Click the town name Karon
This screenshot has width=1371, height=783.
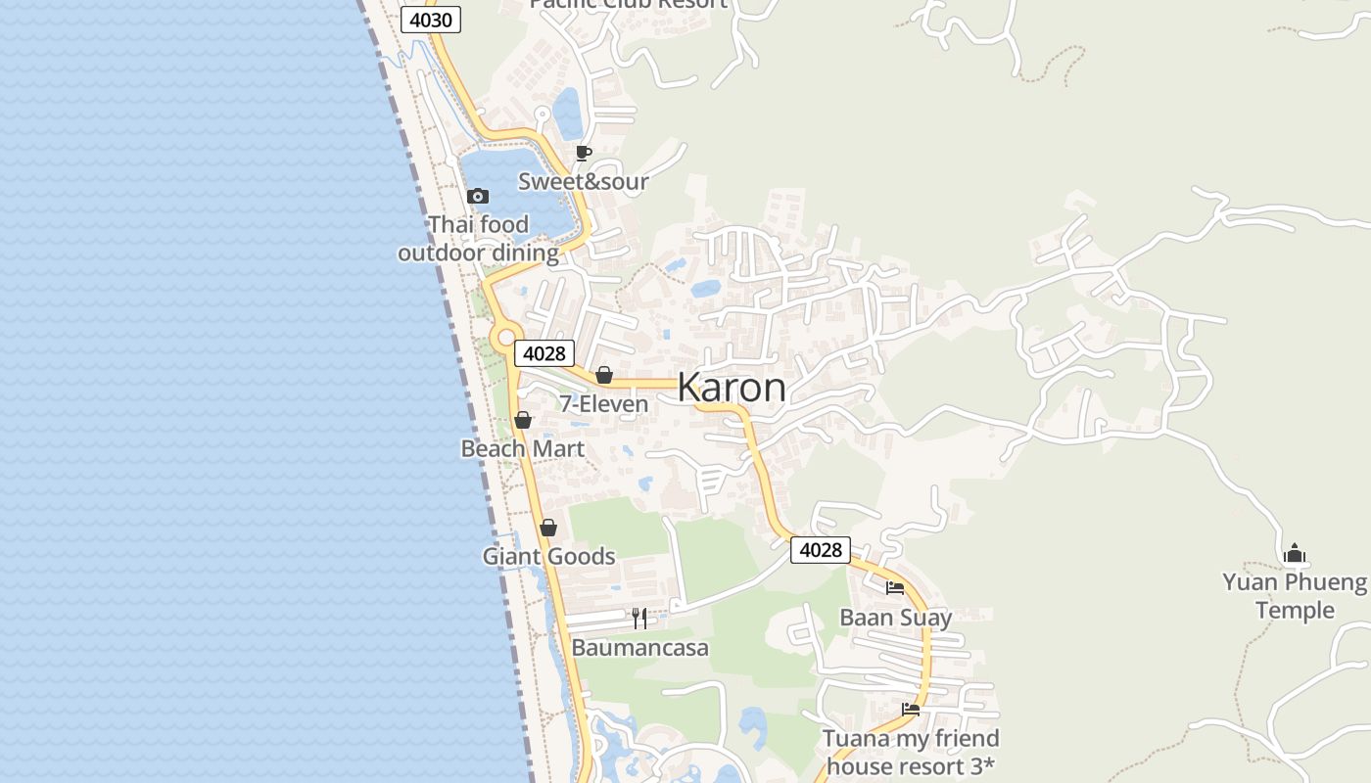coord(731,388)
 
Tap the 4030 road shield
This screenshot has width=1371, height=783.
coord(430,20)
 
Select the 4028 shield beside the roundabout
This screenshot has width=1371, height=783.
coord(544,353)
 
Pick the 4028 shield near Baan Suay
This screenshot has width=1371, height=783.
coord(820,550)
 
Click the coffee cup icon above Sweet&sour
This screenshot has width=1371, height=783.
coord(584,153)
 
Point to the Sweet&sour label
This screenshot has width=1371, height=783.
coord(583,181)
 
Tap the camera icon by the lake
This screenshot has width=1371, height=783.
coord(478,197)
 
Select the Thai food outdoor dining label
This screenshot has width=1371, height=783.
coord(478,239)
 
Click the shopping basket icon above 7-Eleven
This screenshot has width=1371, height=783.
coord(604,375)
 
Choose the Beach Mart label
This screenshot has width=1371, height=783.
coord(523,449)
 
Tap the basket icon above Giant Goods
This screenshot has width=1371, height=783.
coord(548,528)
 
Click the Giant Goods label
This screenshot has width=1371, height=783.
coord(548,557)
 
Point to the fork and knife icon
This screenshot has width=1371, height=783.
coord(639,618)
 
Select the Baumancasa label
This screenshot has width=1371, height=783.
coord(639,648)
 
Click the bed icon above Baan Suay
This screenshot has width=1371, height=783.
coord(895,588)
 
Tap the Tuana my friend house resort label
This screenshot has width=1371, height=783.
coord(911,752)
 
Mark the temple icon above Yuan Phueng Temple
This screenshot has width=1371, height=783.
coord(1295,554)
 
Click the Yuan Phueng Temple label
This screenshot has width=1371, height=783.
coord(1295,596)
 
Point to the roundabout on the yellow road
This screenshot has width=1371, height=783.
coord(505,338)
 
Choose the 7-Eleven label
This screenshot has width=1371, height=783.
coord(603,404)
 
